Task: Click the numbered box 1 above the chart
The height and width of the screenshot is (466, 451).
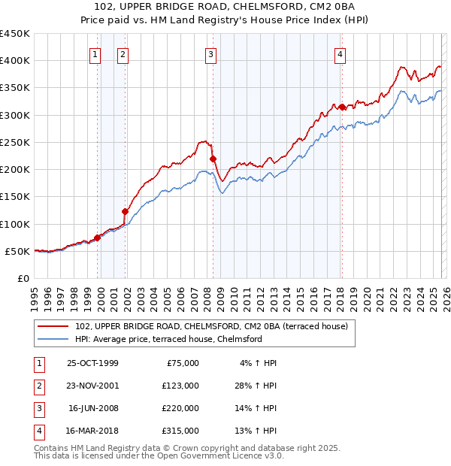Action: [x=95, y=53]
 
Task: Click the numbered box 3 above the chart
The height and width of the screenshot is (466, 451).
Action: [x=210, y=53]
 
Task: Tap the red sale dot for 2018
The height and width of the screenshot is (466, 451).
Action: [x=342, y=107]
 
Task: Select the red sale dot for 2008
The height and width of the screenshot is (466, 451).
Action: [x=213, y=159]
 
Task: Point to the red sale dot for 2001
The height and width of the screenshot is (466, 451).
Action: [x=125, y=211]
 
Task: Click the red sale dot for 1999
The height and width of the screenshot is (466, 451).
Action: [x=97, y=238]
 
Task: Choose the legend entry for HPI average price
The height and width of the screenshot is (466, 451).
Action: [x=168, y=339]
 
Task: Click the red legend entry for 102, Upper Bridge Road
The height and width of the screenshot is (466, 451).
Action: [x=211, y=326]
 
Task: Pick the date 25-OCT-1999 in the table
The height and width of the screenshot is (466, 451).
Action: [x=92, y=363]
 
